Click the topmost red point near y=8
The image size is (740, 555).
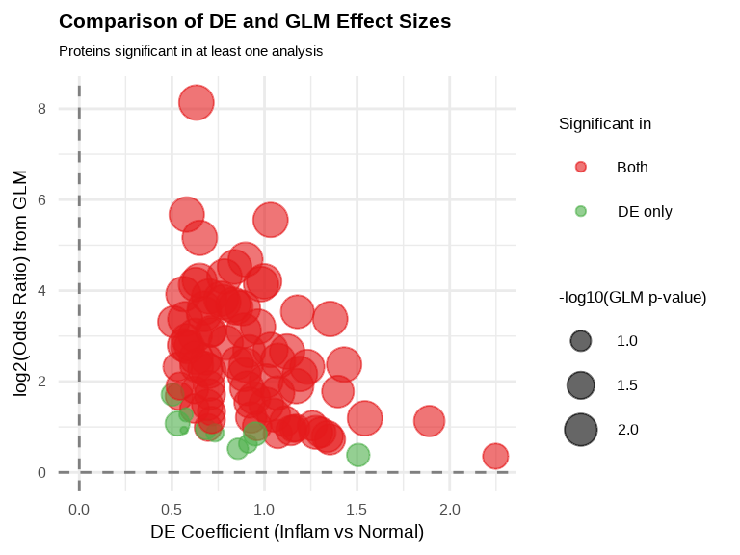pyautogui.click(x=196, y=102)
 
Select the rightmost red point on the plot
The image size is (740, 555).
pyautogui.click(x=495, y=456)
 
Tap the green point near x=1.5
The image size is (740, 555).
pyautogui.click(x=357, y=455)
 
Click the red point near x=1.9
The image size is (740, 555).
pyautogui.click(x=429, y=421)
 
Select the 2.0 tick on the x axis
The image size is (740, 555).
pyautogui.click(x=450, y=508)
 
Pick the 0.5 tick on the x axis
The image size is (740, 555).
pyautogui.click(x=172, y=508)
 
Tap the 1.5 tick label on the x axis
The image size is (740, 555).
pyautogui.click(x=357, y=508)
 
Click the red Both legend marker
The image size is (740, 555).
pyautogui.click(x=580, y=167)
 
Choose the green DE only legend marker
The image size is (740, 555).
pyautogui.click(x=580, y=211)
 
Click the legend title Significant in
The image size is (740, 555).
pyautogui.click(x=604, y=123)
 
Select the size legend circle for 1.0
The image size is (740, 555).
pyautogui.click(x=580, y=340)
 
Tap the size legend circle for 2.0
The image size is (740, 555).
pyautogui.click(x=580, y=429)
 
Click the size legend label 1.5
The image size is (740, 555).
pyautogui.click(x=627, y=384)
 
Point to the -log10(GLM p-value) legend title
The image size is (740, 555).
pyautogui.click(x=632, y=298)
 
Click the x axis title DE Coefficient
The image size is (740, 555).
pyautogui.click(x=287, y=532)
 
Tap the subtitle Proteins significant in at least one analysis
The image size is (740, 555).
pyautogui.click(x=190, y=51)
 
